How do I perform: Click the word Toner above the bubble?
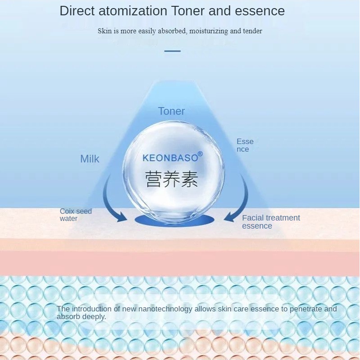[x=171, y=111]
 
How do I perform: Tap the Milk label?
[x=90, y=159]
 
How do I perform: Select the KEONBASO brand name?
[x=170, y=158]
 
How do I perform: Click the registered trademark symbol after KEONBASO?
[x=200, y=154]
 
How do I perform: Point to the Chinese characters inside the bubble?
[x=172, y=178]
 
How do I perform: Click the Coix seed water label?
[x=75, y=215]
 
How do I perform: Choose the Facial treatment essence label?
[x=271, y=222]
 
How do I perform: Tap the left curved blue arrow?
[x=111, y=203]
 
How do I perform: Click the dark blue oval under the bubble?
[x=174, y=220]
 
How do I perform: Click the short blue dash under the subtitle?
[x=172, y=51]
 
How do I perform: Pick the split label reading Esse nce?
[x=245, y=145]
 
